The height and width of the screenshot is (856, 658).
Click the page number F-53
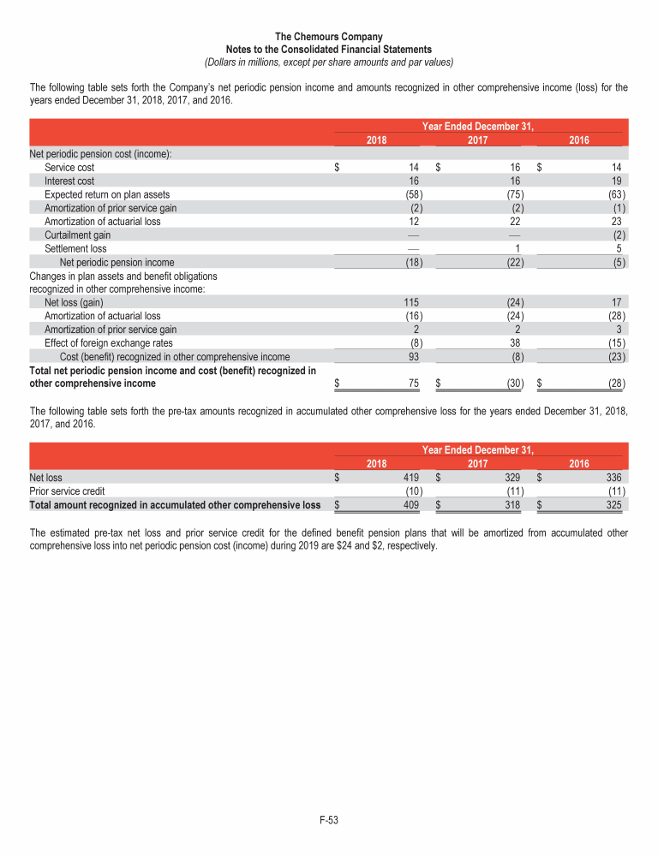(x=329, y=821)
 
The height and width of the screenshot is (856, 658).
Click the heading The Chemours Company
(x=329, y=37)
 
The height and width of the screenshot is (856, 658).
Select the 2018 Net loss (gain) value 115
(x=410, y=302)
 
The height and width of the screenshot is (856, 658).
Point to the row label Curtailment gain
(x=77, y=235)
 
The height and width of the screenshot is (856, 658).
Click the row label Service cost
(x=69, y=168)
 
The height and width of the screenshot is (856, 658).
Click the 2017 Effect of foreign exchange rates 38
(x=516, y=343)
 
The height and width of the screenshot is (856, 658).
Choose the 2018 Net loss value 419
(x=410, y=478)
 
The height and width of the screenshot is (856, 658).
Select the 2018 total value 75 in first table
(x=412, y=383)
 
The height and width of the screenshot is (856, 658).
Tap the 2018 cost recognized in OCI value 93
(x=412, y=357)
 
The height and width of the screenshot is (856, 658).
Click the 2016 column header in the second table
(x=578, y=463)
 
